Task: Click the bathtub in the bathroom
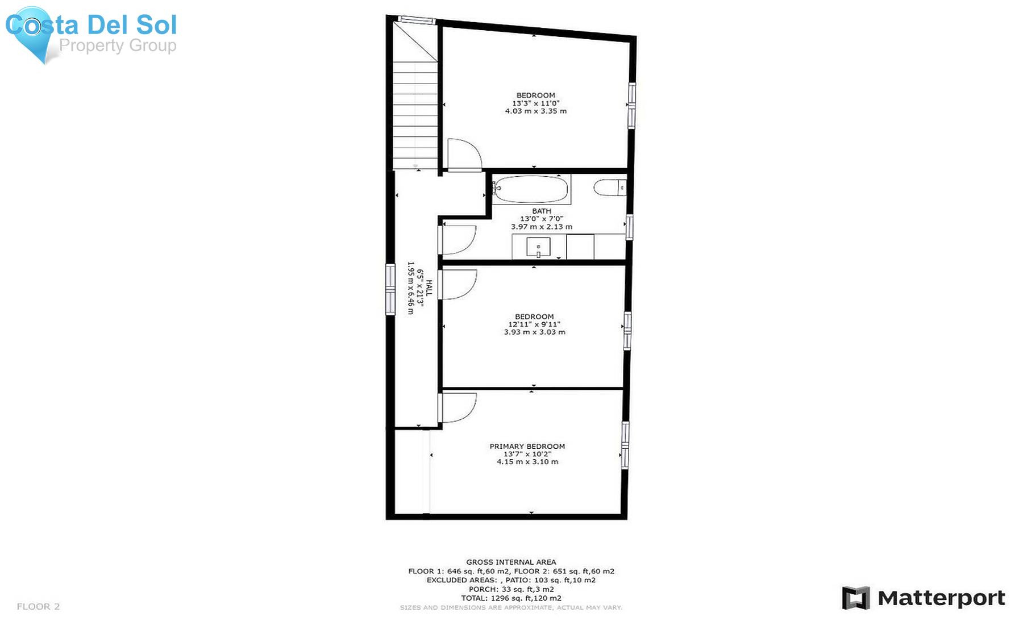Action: tap(530, 190)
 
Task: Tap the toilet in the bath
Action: tap(610, 188)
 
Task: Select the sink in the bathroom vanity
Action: tap(538, 247)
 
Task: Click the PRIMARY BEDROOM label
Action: tap(527, 447)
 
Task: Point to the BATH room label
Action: tap(542, 211)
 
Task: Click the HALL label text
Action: tap(429, 287)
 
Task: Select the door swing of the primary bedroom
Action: tap(458, 407)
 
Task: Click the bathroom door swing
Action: tap(457, 240)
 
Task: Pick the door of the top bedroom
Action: tap(465, 155)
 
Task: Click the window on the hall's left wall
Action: tap(390, 289)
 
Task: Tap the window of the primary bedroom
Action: tap(625, 444)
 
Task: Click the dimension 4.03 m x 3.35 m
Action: tap(536, 111)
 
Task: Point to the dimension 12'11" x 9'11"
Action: tap(534, 324)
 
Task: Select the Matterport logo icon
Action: tap(856, 598)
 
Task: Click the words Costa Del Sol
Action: tap(91, 25)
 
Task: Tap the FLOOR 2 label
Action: tap(38, 607)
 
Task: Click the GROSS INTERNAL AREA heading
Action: tap(511, 562)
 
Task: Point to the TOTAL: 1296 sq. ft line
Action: tap(511, 598)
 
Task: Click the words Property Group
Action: tap(118, 45)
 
